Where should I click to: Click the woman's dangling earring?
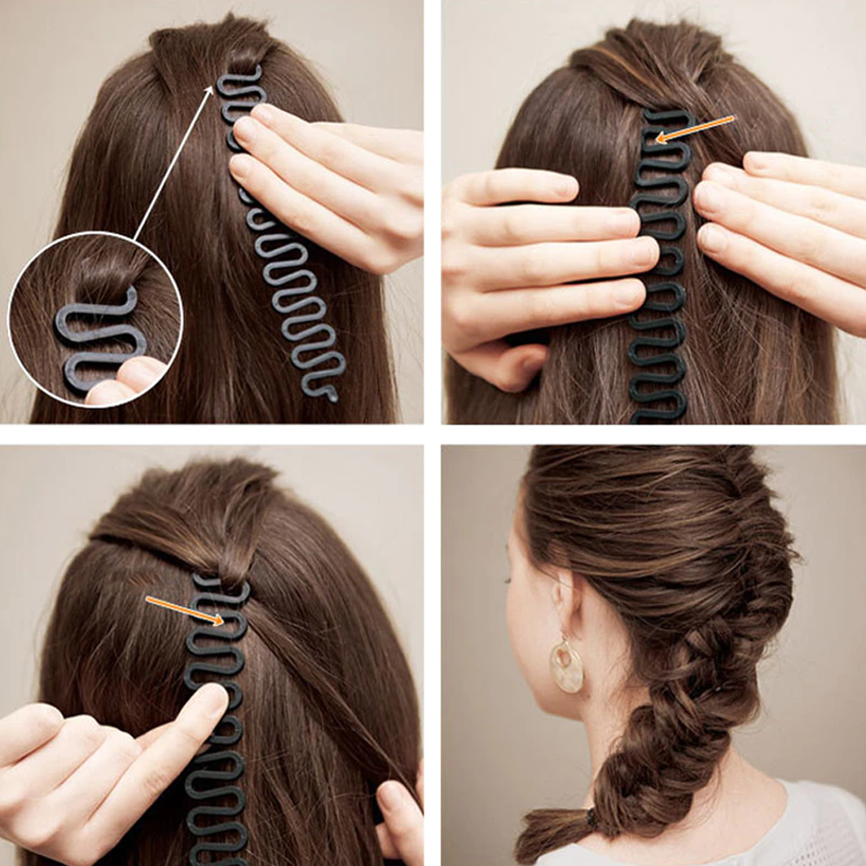(566, 664)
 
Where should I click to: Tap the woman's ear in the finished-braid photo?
(563, 598)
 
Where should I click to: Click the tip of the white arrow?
(213, 85)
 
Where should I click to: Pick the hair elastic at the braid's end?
(591, 816)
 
